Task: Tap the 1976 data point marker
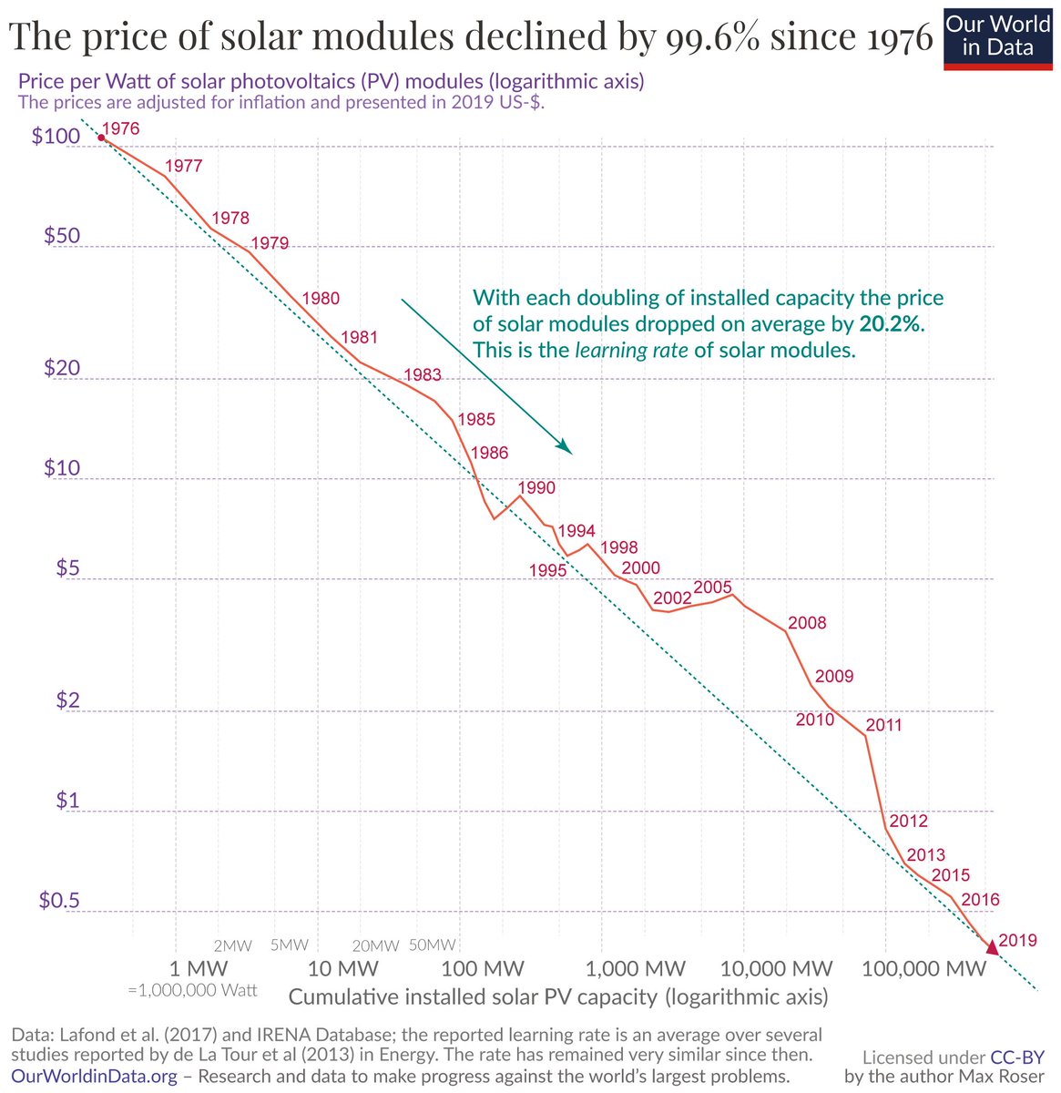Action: (x=101, y=138)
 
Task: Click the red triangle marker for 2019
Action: (x=992, y=949)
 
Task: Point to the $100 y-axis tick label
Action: (x=62, y=137)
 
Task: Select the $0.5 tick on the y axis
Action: (x=60, y=900)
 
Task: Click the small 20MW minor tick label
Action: (x=376, y=945)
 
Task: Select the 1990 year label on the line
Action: (x=536, y=487)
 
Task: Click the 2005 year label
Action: (x=712, y=587)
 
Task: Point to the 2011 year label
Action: (x=883, y=725)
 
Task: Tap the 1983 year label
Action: (x=422, y=374)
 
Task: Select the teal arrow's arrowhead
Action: (x=565, y=447)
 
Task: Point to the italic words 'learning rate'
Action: (x=630, y=350)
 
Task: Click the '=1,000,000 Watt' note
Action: (x=193, y=990)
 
